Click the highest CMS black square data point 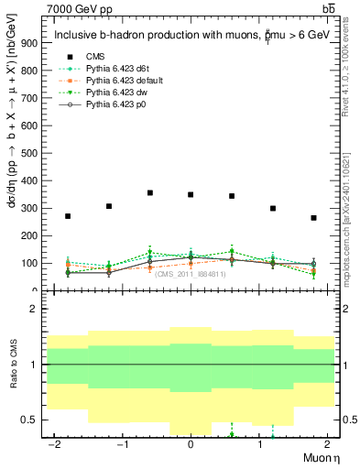click(x=149, y=192)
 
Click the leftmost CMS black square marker click(x=68, y=216)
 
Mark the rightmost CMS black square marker click(x=313, y=218)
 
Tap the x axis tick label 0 click(x=191, y=444)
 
